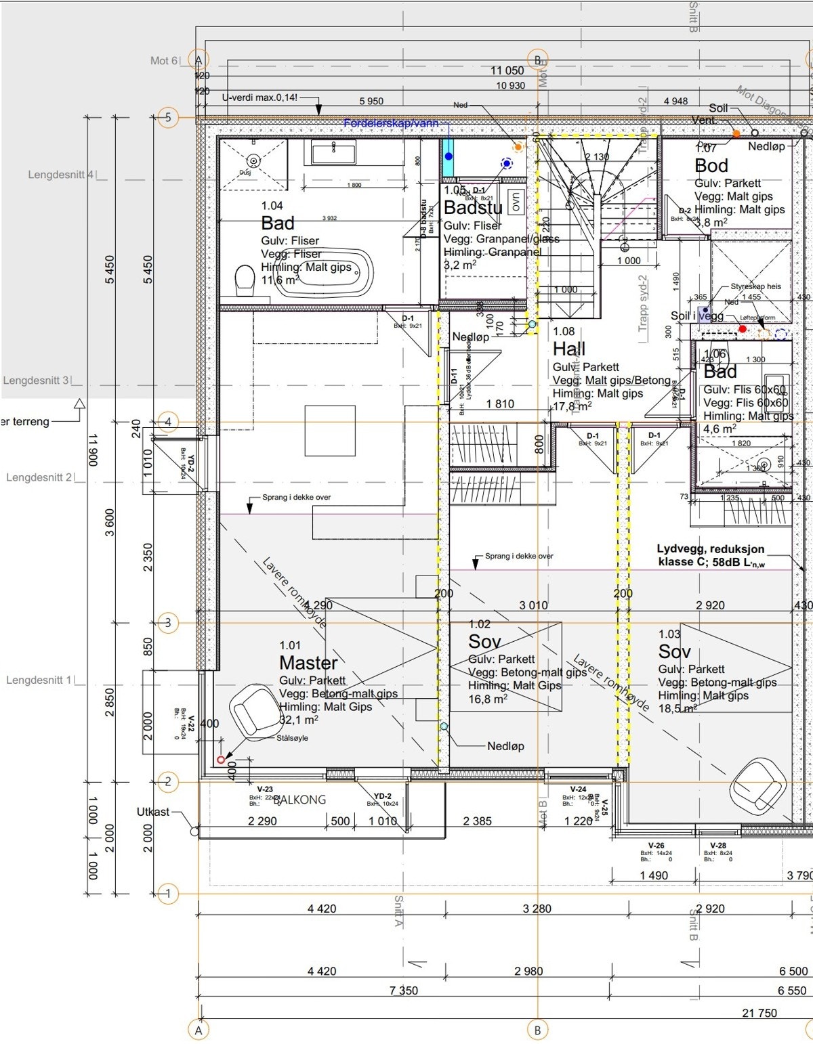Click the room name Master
point(308,663)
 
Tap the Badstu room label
point(473,208)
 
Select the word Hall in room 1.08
point(569,349)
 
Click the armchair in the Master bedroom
point(252,708)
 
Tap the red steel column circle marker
point(221,760)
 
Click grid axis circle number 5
point(168,118)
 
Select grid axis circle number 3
point(168,623)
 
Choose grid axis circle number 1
point(168,894)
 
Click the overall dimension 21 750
point(759,1013)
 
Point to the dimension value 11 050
point(507,71)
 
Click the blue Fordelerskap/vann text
point(391,124)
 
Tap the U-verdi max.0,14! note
point(259,98)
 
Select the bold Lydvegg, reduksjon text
point(710,549)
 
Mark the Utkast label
point(153,811)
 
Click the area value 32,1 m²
point(299,720)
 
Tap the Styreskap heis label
point(755,286)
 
